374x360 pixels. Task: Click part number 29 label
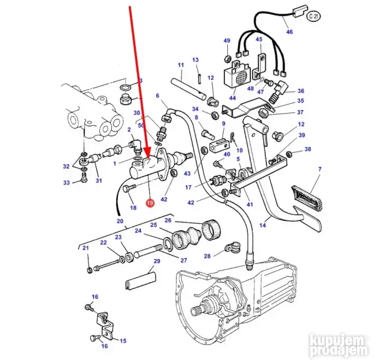[157, 261]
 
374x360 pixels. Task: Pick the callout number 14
[262, 225]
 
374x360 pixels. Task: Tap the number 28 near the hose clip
[207, 256]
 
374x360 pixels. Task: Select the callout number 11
[180, 65]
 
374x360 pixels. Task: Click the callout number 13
[195, 60]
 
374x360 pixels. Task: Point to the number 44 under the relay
[232, 98]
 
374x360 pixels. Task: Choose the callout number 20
[120, 222]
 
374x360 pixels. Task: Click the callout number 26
[168, 220]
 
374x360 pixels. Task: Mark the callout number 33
[67, 182]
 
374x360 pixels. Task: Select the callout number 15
[123, 341]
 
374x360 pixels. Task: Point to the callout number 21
[85, 248]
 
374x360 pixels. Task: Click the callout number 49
[227, 41]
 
